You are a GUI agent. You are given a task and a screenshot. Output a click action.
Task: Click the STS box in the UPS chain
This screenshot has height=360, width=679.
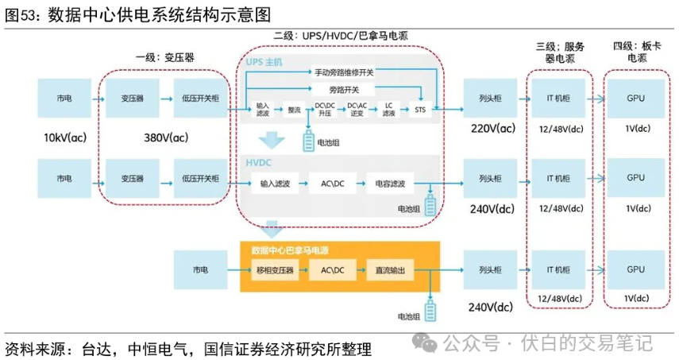[420, 109]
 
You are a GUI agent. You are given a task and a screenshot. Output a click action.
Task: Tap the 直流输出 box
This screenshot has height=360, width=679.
[390, 271]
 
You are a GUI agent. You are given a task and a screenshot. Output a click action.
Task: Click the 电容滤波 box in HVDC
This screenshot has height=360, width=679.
[389, 184]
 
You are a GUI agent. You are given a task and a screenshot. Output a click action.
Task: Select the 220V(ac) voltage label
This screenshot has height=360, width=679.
[494, 129]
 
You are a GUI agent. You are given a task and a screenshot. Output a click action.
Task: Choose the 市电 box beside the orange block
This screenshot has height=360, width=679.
[199, 271]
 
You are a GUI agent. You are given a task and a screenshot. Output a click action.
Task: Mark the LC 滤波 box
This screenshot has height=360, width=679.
[388, 109]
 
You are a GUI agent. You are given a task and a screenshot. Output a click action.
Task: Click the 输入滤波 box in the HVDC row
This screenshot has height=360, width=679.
[275, 184]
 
